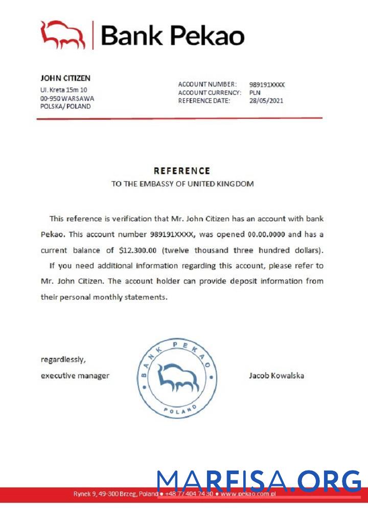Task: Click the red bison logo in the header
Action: pyautogui.click(x=62, y=35)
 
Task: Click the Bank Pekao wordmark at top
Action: pyautogui.click(x=173, y=35)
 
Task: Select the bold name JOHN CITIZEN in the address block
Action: pyautogui.click(x=65, y=78)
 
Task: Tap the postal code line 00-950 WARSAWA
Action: pyautogui.click(x=67, y=98)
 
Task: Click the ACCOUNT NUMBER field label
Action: pyautogui.click(x=208, y=84)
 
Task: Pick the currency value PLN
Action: pyautogui.click(x=255, y=93)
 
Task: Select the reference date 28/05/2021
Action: pyautogui.click(x=266, y=101)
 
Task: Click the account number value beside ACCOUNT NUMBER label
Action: pyautogui.click(x=267, y=84)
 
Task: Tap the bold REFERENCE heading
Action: pyautogui.click(x=182, y=171)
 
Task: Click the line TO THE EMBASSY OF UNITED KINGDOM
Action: pyautogui.click(x=182, y=184)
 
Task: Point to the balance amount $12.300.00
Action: pyautogui.click(x=140, y=251)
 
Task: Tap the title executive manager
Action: pyautogui.click(x=75, y=376)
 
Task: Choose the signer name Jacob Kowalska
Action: pyautogui.click(x=277, y=376)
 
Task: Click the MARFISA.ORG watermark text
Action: pyautogui.click(x=259, y=482)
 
